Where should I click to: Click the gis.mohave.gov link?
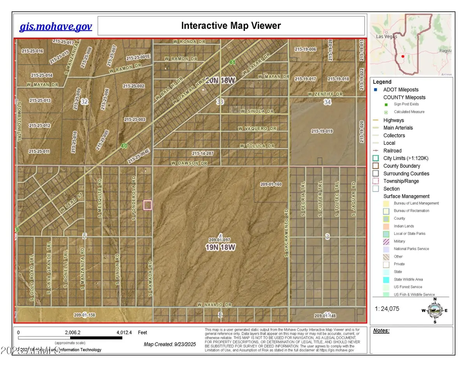coord(56,26)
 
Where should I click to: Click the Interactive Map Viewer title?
coord(231,26)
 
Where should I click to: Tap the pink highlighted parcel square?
coord(147,205)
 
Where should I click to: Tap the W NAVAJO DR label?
coord(214,305)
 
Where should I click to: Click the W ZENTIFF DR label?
coord(325,94)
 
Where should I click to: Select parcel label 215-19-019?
coord(322,131)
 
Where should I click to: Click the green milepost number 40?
coord(124,146)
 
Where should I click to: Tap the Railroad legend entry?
coord(392,151)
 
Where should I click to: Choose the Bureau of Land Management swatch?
coord(386,203)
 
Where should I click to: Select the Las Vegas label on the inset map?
coord(385,36)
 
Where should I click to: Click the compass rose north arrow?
coord(435,300)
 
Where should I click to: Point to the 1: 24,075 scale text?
coord(387,309)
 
